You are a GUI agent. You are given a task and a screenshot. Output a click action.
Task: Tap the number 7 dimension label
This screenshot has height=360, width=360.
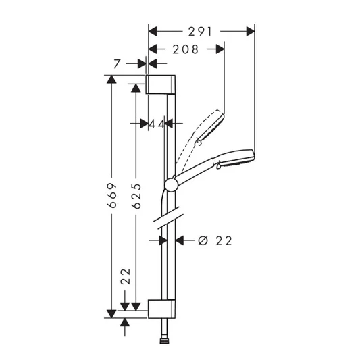(x=118, y=63)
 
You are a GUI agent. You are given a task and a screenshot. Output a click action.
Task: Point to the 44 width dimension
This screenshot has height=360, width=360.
(x=156, y=124)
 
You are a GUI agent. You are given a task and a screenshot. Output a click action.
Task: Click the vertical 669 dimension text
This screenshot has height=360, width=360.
(x=114, y=195)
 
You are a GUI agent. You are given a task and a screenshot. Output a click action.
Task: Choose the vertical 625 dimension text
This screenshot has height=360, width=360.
(x=136, y=195)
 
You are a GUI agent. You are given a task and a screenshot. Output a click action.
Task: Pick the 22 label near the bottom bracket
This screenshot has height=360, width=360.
(x=126, y=276)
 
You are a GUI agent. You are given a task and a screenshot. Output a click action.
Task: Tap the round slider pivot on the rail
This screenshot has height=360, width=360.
(x=170, y=184)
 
